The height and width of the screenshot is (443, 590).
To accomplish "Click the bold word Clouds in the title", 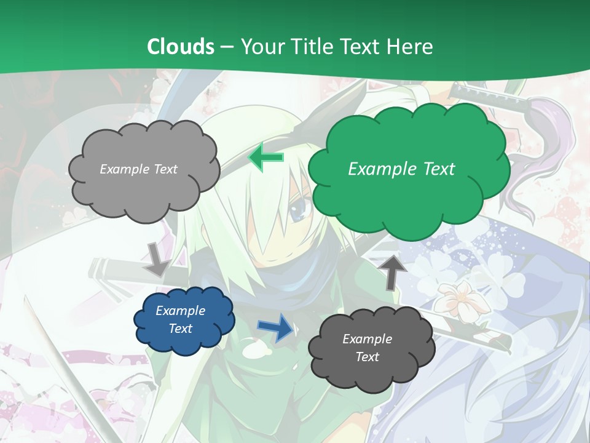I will [181, 46].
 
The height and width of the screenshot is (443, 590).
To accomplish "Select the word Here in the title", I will [411, 46].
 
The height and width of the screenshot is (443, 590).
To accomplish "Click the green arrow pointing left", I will [265, 158].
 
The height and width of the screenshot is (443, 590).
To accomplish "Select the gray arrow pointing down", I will [158, 259].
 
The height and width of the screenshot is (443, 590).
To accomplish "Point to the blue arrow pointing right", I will [276, 327].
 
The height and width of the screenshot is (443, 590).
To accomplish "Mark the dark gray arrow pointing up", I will [393, 271].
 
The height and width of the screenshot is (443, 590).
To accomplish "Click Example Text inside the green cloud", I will [401, 169].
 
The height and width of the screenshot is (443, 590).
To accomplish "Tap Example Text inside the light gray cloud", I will [138, 169].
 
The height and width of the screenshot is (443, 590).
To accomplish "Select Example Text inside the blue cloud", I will [180, 320].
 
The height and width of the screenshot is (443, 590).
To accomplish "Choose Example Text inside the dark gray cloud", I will [367, 348].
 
